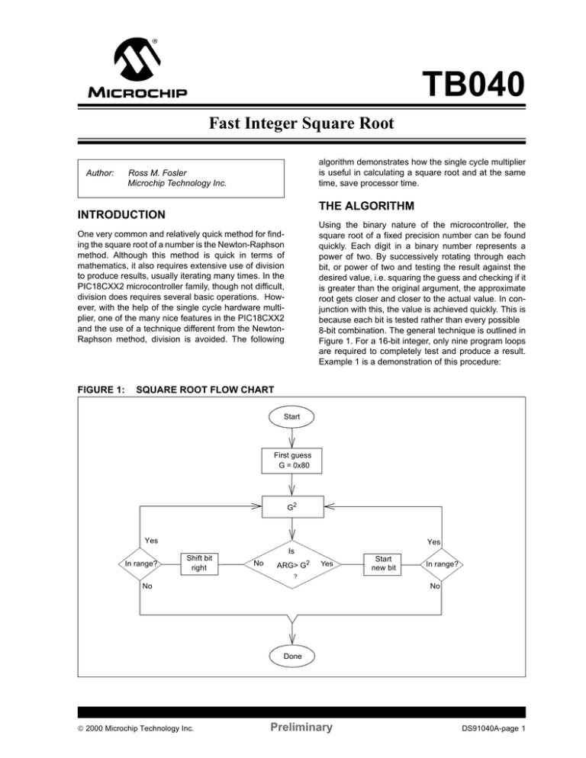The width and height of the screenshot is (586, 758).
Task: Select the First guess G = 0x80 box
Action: [x=292, y=461]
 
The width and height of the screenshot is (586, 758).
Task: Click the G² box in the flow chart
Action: [x=292, y=506]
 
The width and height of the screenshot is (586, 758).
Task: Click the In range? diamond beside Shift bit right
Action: [x=142, y=564]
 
